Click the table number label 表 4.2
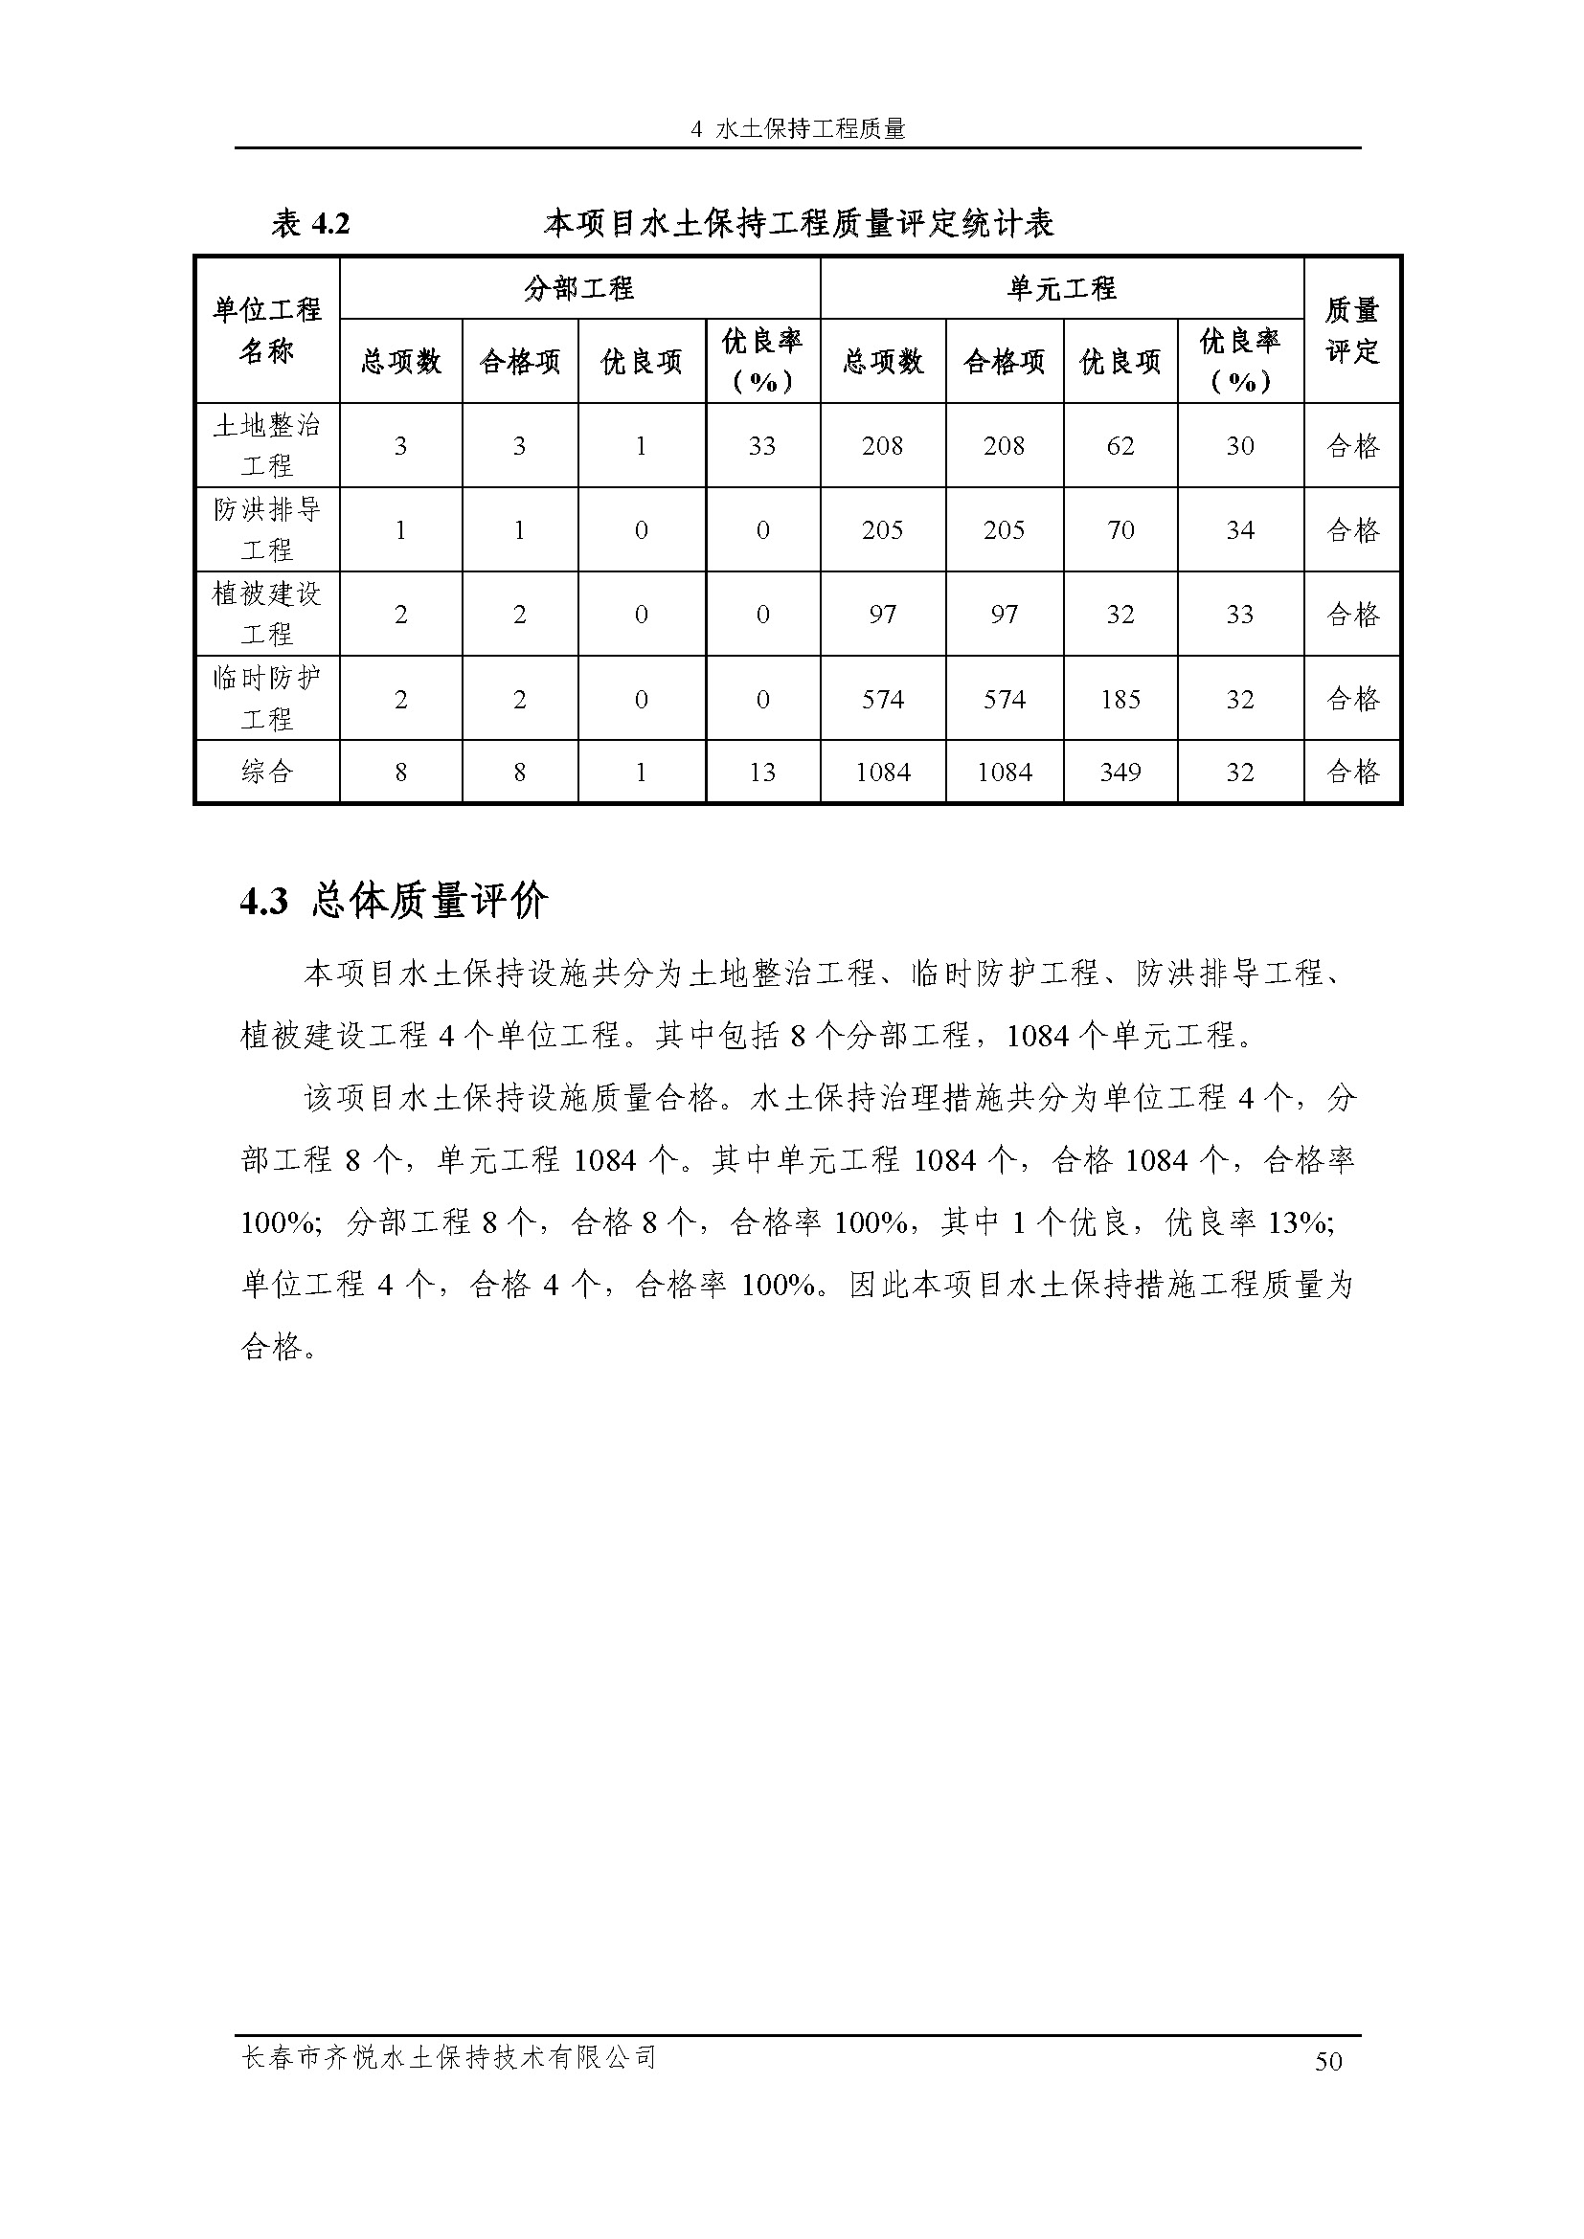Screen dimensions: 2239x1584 click(310, 224)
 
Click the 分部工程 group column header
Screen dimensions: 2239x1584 click(578, 289)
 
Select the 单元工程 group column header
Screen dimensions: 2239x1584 click(1061, 289)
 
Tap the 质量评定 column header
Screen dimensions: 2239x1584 click(1352, 330)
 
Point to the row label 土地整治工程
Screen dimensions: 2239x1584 click(267, 446)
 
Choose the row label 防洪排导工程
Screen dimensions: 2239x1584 click(267, 529)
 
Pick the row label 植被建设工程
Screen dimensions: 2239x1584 click(267, 614)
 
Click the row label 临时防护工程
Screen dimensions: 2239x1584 click(267, 698)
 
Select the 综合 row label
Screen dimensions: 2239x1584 click(267, 772)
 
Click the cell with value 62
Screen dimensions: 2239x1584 click(1120, 447)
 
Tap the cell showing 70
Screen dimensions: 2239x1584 click(1120, 530)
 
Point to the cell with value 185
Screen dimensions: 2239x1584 click(1120, 699)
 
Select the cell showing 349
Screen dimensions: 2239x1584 click(1120, 772)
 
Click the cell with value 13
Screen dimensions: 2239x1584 click(761, 772)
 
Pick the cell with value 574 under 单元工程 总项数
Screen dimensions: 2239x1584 click(882, 699)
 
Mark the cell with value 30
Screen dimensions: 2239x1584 click(1239, 447)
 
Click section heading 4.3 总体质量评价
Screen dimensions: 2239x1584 click(394, 901)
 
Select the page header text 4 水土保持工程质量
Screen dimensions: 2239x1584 click(798, 128)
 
